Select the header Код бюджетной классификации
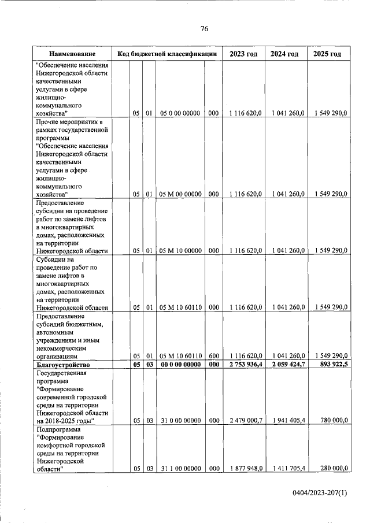coord(166,54)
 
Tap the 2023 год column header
coord(243,54)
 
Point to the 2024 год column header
coord(284,54)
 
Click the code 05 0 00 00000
coord(180,114)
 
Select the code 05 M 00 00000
coord(180,194)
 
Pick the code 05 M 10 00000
coord(180,250)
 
